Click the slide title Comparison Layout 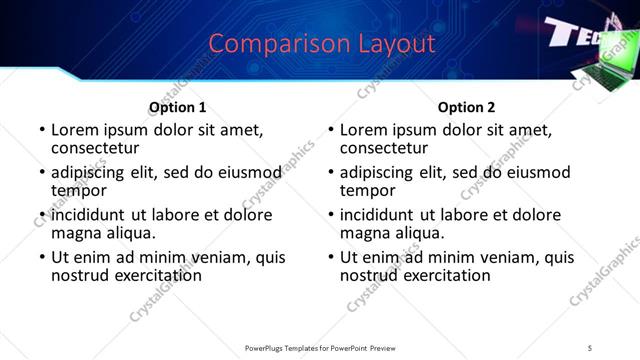pyautogui.click(x=323, y=44)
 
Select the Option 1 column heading pyautogui.click(x=178, y=107)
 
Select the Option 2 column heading pyautogui.click(x=466, y=107)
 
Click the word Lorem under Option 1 pyautogui.click(x=76, y=130)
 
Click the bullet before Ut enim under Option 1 pyautogui.click(x=41, y=258)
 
